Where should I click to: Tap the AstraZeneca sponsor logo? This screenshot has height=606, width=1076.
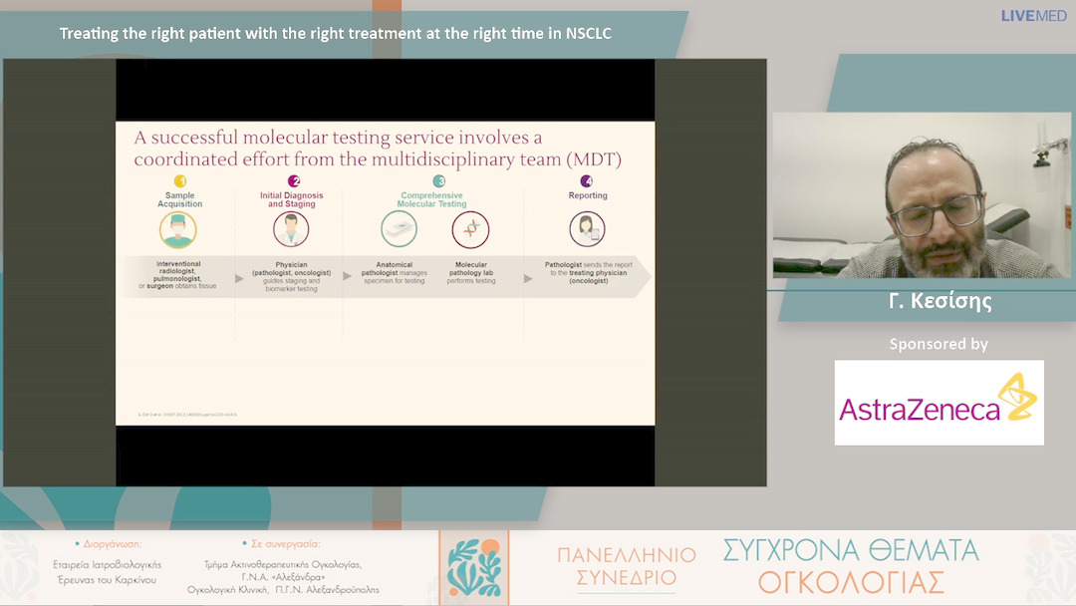939,402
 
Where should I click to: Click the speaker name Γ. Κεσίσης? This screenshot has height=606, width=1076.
940,301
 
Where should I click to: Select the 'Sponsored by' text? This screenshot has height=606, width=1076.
939,344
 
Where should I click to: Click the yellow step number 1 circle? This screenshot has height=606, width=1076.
179,181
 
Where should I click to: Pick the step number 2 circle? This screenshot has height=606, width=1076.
293,181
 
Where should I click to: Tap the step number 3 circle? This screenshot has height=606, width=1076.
439,181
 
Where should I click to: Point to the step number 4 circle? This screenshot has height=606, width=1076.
587,181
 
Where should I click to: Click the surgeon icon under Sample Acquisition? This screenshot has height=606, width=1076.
178,229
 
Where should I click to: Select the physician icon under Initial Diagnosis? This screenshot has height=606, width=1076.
291,229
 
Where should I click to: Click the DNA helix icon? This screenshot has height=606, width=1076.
470,229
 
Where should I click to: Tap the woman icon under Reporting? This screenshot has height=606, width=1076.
587,229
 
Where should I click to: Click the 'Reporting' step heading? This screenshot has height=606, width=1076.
588,195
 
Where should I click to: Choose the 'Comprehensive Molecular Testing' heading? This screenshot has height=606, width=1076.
431,199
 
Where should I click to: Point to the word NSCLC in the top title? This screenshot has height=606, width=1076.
588,33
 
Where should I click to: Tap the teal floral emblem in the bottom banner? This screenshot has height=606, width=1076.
473,567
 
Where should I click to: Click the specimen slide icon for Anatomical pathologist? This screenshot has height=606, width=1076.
399,229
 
